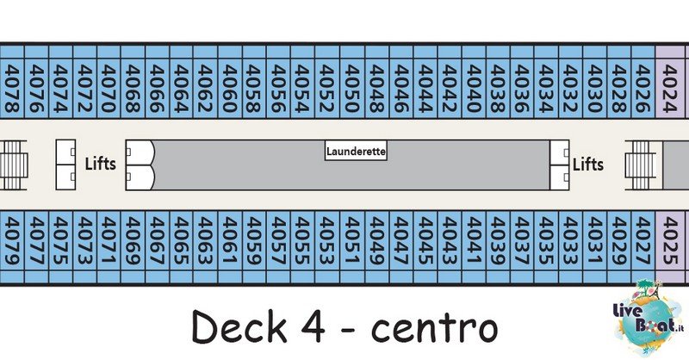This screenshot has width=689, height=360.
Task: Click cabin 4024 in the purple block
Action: point(670,81)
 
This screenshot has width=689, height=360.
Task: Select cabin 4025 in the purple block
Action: point(670,247)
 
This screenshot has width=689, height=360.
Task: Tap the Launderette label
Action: point(356,151)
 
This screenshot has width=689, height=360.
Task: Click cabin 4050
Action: point(352,81)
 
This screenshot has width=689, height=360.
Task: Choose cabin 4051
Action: point(352,247)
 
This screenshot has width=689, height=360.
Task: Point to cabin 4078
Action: point(12,81)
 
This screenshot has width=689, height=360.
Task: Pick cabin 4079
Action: point(12,247)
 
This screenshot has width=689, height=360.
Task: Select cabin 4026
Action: point(643,81)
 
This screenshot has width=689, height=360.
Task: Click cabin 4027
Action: point(643,247)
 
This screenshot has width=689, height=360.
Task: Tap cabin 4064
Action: point(182,81)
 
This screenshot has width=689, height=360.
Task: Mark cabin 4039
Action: point(498,247)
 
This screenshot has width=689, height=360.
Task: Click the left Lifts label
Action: point(101,164)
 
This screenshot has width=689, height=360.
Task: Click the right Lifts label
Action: point(588,164)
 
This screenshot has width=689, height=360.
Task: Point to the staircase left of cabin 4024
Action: point(641,165)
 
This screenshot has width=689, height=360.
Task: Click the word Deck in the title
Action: point(239,326)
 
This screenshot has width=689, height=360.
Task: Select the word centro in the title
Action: point(435,328)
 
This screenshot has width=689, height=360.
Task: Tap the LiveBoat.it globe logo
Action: point(649,317)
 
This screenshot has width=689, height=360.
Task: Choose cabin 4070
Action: point(109,81)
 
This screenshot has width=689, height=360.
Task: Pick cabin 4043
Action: point(450,247)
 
